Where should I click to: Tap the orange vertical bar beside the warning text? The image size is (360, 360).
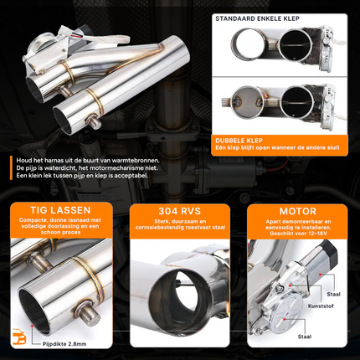click(x=13, y=167)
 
